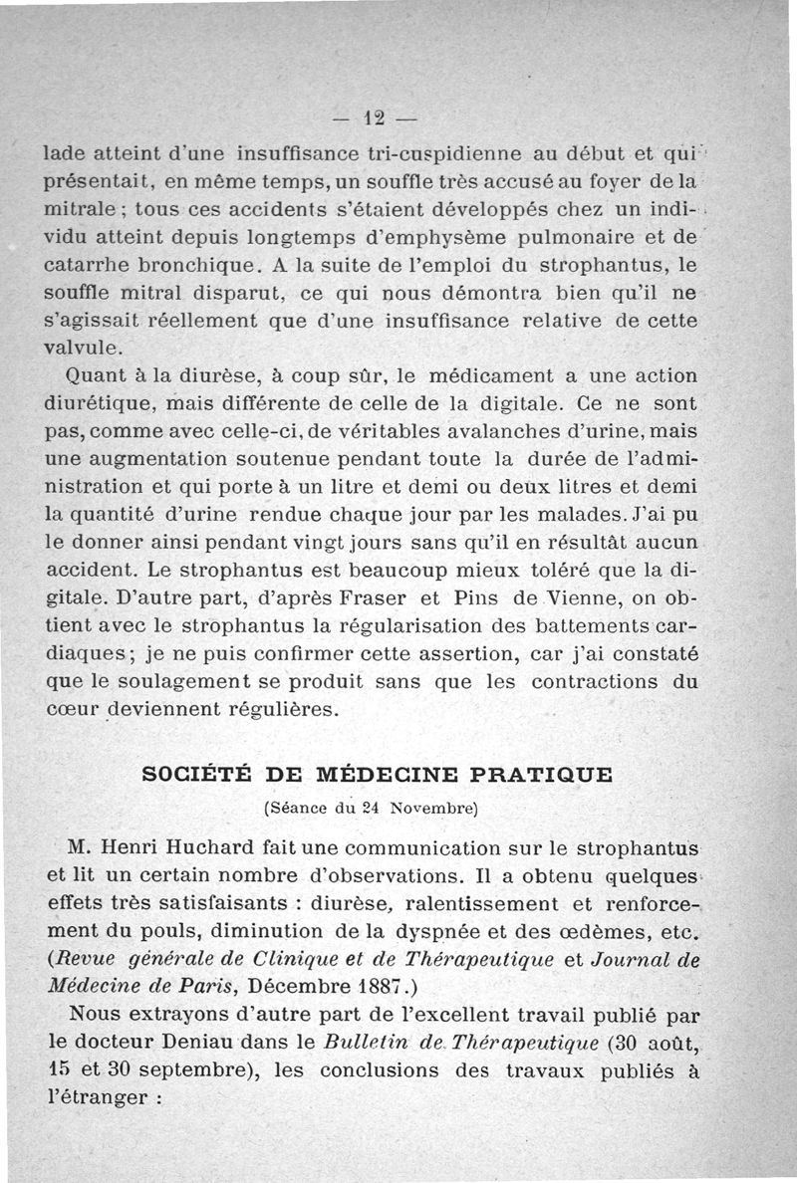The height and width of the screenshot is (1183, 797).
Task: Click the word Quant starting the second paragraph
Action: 92,376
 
